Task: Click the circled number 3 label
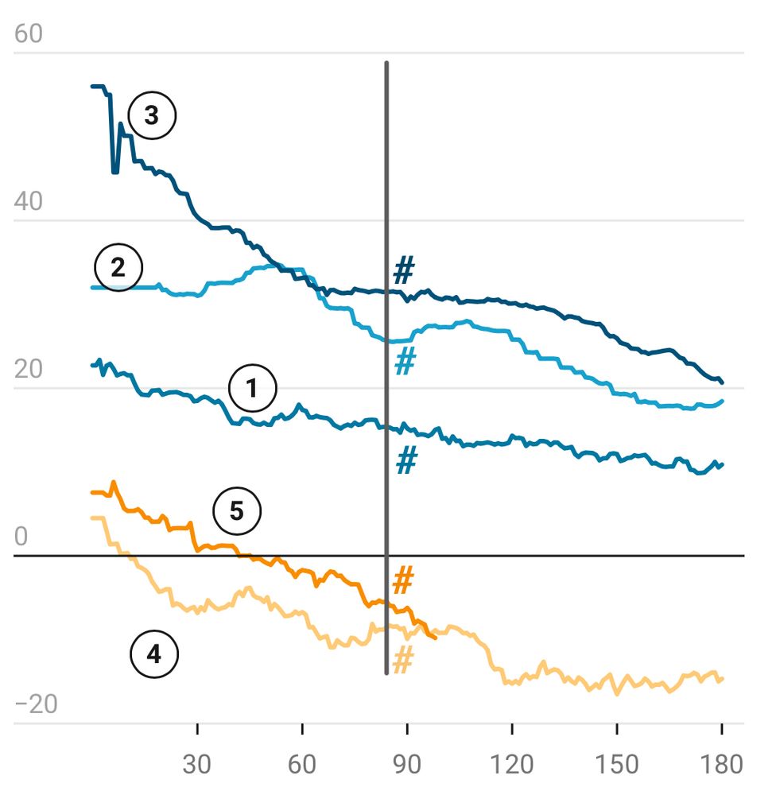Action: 151,116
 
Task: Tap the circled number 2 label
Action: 118,267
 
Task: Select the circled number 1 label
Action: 252,389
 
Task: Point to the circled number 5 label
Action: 236,511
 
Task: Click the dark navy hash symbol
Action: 404,272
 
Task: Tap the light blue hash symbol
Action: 405,362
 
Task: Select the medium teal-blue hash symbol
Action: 406,460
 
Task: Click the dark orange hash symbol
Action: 403,581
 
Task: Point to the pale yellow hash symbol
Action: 403,660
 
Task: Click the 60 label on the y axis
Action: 29,34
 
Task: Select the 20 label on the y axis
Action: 29,370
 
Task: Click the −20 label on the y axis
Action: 36,705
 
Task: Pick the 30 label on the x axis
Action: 197,764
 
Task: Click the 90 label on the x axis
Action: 407,764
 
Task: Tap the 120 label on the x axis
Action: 512,764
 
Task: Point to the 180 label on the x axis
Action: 721,764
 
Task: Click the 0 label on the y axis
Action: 21,537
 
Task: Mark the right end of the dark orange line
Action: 435,637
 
